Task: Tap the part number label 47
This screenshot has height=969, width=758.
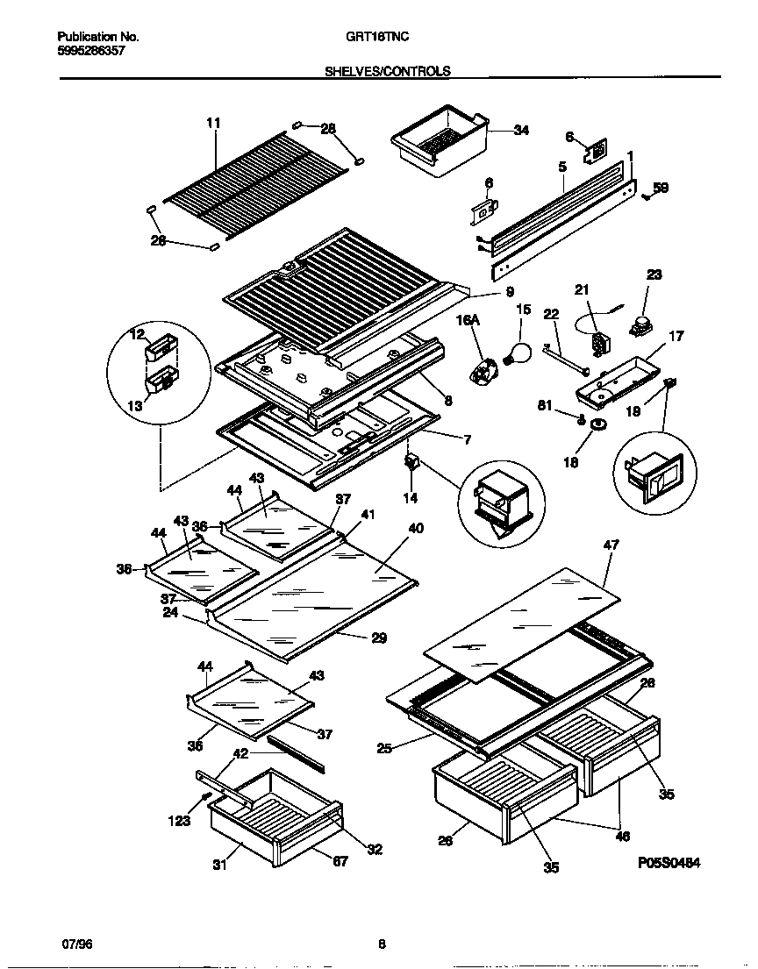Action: [x=611, y=545]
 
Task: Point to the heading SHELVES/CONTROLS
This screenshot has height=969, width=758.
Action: [x=387, y=72]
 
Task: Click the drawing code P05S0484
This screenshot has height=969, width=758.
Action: [x=669, y=863]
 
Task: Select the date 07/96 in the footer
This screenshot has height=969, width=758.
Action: [x=77, y=944]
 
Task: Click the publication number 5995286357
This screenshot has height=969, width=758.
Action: [x=91, y=51]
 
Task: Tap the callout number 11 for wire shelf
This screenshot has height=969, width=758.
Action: [x=213, y=123]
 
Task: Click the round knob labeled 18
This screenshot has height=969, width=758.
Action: [x=598, y=424]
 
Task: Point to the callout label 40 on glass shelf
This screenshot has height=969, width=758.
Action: [x=415, y=528]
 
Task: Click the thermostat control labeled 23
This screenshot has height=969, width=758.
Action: [x=641, y=327]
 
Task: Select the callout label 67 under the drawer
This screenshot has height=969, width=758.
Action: [x=340, y=860]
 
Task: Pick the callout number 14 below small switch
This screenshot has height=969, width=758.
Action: [x=411, y=498]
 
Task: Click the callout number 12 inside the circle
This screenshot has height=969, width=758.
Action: [x=136, y=334]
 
